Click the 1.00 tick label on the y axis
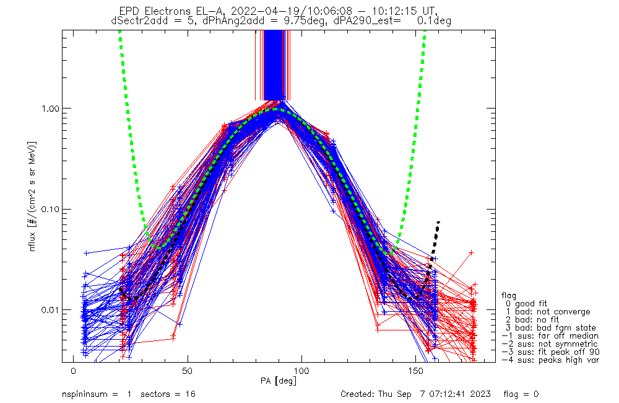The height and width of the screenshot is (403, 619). click(x=48, y=108)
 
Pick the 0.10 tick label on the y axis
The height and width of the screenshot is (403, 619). click(x=48, y=209)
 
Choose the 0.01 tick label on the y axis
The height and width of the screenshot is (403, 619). click(x=48, y=310)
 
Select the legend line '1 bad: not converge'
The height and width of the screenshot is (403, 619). click(x=548, y=311)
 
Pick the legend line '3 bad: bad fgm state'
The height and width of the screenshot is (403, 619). click(x=550, y=327)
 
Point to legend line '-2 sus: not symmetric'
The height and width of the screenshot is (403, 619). click(x=550, y=343)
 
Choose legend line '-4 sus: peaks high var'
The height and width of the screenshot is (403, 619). click(x=550, y=360)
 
